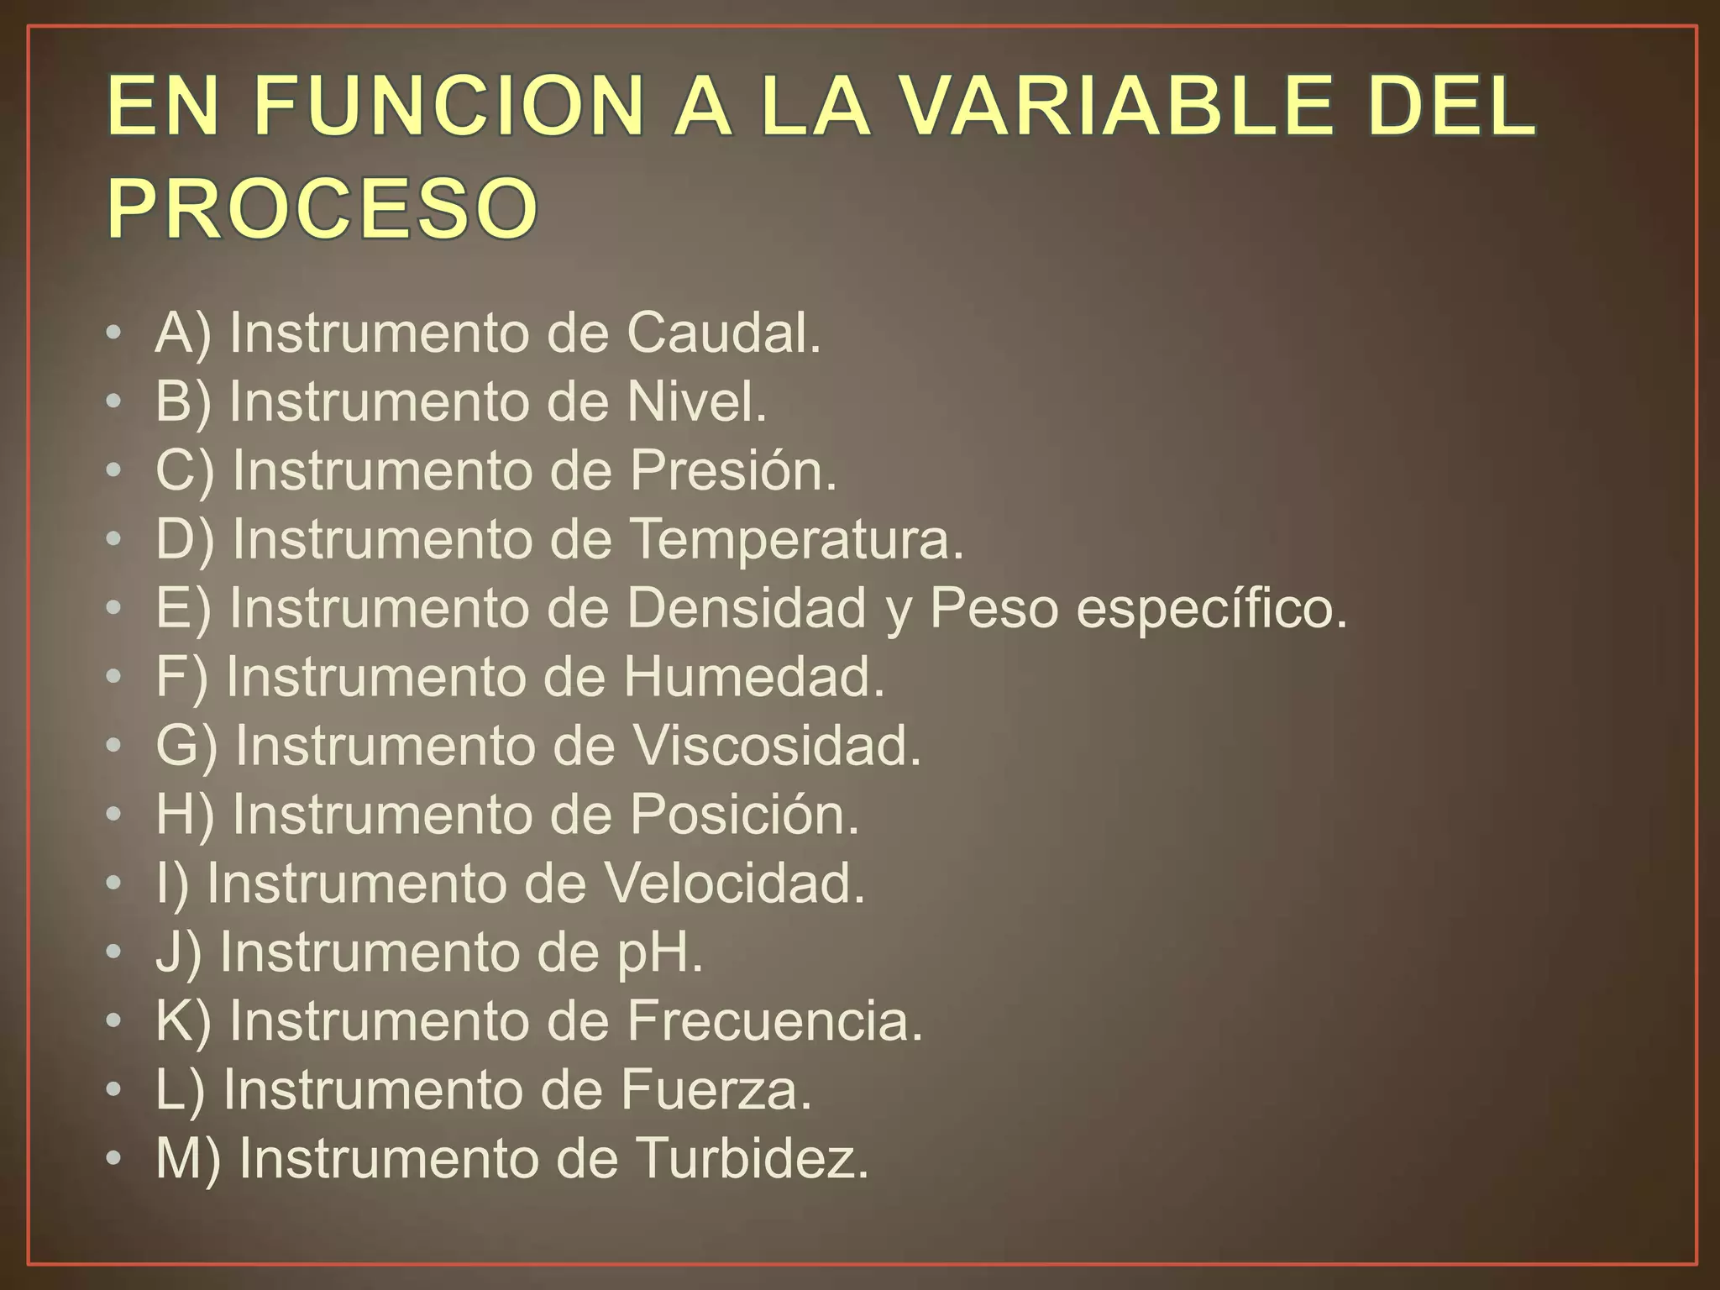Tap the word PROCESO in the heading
pyautogui.click(x=323, y=207)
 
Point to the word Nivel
pyautogui.click(x=697, y=402)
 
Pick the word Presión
pyautogui.click(x=733, y=470)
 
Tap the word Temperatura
pyautogui.click(x=796, y=539)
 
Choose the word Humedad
pyautogui.click(x=753, y=677)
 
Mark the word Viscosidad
pyautogui.click(x=775, y=746)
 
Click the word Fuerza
pyautogui.click(x=716, y=1090)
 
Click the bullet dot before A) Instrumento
pyautogui.click(x=114, y=334)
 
